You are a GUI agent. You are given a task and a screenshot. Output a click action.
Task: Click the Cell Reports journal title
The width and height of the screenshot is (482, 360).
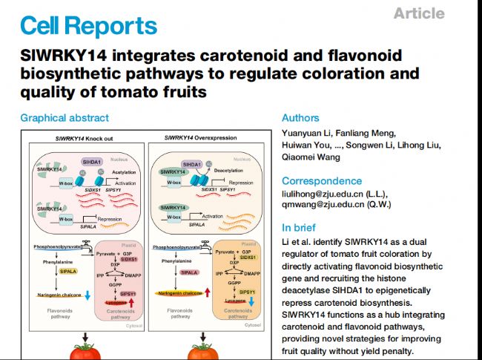coord(88,27)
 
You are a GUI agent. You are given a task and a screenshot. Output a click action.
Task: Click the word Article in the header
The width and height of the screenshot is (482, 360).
coord(419,13)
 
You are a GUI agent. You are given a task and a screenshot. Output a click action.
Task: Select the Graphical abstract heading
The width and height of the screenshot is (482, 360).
coord(65,118)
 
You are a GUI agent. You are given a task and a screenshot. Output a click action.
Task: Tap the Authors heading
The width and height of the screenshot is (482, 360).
coord(300,118)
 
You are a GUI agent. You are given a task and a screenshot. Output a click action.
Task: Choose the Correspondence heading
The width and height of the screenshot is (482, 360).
coord(321,181)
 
